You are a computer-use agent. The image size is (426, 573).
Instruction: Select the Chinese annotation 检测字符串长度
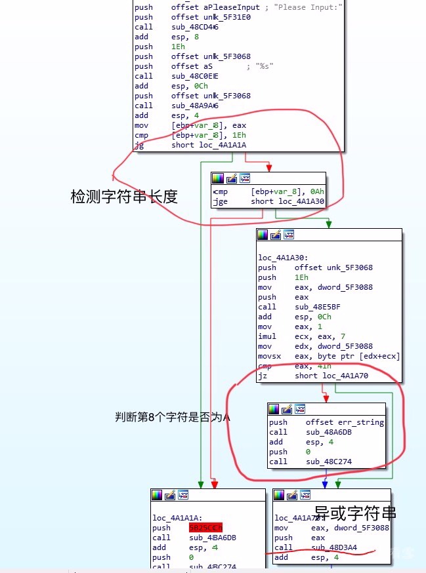tap(124, 196)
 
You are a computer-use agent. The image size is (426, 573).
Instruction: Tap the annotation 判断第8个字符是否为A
tap(173, 417)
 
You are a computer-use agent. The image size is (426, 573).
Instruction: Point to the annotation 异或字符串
tap(356, 512)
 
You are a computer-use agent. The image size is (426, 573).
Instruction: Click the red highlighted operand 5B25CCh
tap(206, 528)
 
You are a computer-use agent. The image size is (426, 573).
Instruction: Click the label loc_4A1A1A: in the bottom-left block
tap(177, 517)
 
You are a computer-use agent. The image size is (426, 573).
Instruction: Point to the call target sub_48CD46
tap(195, 27)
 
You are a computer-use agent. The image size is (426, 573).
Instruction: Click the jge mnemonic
tap(221, 202)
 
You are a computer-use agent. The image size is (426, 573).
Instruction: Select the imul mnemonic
tap(267, 336)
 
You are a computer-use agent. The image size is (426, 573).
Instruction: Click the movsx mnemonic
tap(269, 356)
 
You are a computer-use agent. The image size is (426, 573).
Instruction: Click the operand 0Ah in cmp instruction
tap(316, 192)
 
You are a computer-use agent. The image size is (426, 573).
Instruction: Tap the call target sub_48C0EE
tap(195, 76)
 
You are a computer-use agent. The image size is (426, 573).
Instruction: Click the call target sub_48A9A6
tap(195, 106)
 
